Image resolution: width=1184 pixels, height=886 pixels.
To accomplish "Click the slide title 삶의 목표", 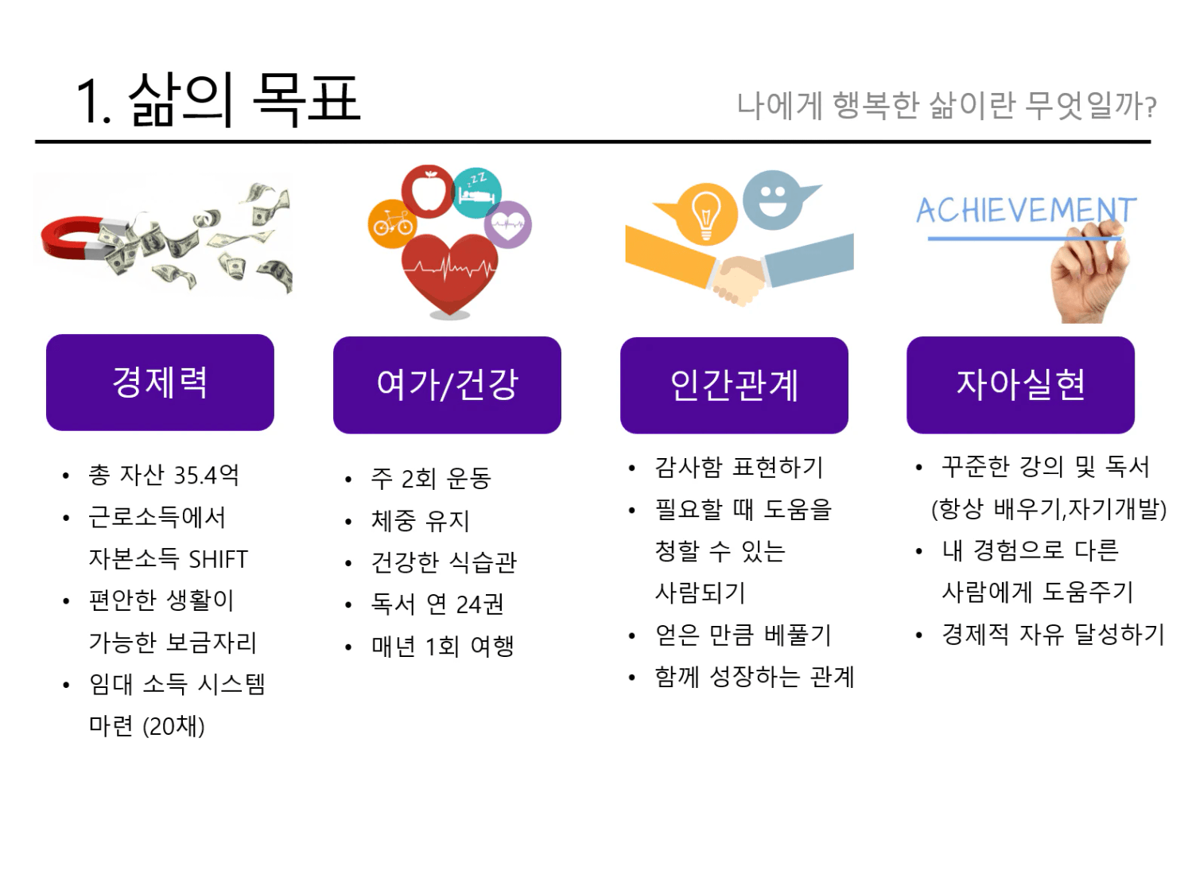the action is point(244,100).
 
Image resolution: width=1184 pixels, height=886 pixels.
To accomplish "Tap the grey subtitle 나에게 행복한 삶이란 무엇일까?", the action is point(946,105).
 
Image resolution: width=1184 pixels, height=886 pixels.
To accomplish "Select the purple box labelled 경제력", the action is point(160,383).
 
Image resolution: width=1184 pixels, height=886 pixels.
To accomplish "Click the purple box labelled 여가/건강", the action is point(447,385).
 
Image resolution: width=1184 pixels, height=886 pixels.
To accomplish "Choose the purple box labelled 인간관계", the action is point(734,385).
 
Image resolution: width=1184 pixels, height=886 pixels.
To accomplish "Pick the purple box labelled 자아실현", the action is point(1020,385).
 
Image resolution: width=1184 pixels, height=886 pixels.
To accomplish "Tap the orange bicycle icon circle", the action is point(392,224).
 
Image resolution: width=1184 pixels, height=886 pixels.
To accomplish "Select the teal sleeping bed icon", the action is point(476,192).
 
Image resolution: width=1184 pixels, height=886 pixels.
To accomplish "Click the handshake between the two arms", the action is point(739,280).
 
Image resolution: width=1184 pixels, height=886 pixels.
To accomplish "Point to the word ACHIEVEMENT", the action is point(1026,210).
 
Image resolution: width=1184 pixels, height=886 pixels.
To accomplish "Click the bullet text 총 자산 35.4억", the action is point(164,475).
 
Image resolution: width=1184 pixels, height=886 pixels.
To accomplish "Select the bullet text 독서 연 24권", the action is point(437,604).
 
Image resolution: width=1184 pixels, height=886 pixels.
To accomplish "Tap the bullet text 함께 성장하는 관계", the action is point(754,677).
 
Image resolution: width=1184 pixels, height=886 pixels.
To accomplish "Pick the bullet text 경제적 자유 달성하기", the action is point(1053,634).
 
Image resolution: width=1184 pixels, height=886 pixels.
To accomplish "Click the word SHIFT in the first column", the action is point(218,559).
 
